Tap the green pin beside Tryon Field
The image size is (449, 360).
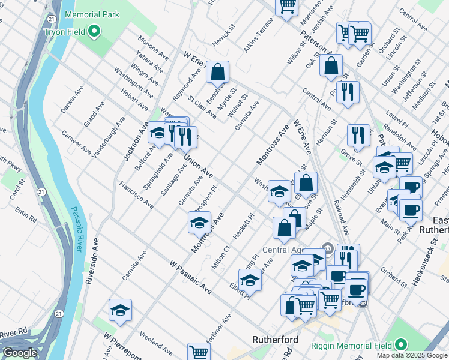pos(94,31)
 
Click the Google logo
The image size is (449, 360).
pos(20,353)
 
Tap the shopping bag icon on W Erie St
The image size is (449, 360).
pos(217,72)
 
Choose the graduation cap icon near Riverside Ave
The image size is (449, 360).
pos(120,310)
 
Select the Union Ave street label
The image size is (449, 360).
pos(198,166)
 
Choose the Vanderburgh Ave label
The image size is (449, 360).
pos(109,137)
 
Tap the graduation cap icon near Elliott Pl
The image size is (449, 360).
pos(250,279)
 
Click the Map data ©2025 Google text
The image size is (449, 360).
pos(412,355)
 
